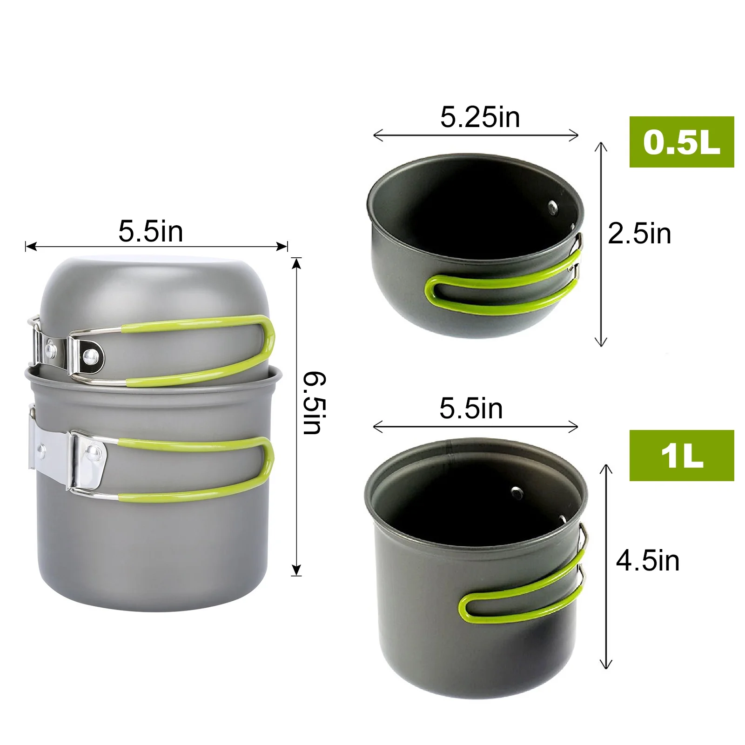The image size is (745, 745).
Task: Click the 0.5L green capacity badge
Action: tap(681, 142)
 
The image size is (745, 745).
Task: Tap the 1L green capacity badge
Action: tap(681, 456)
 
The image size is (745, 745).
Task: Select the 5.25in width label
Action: tap(480, 117)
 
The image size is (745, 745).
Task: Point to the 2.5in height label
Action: tap(639, 234)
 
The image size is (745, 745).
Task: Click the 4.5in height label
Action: tap(648, 561)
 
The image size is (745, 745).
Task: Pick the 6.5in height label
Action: tap(315, 403)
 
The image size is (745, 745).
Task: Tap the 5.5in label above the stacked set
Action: tap(151, 231)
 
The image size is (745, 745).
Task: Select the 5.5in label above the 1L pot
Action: tap(471, 409)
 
